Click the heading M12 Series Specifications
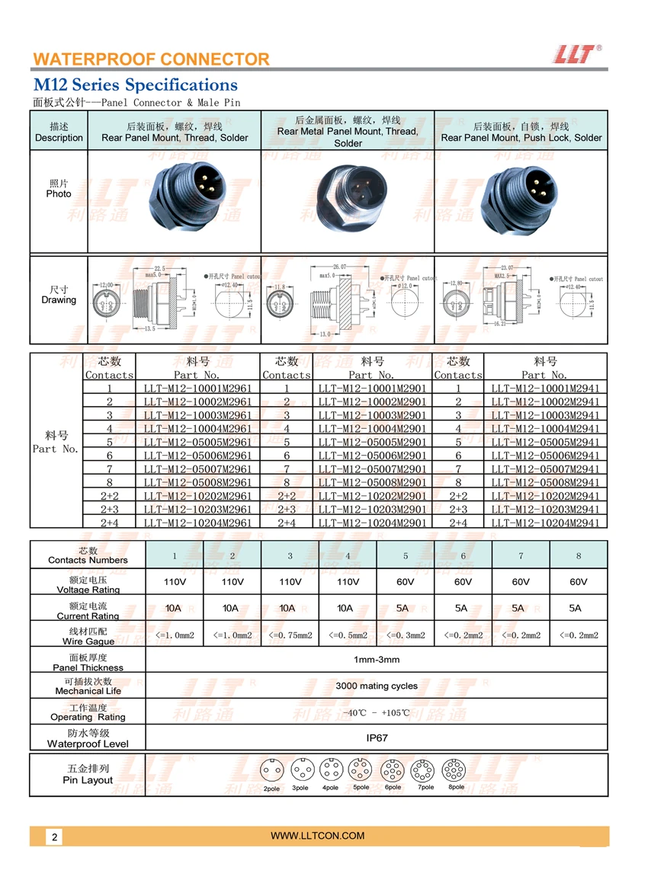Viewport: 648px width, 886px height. point(135,85)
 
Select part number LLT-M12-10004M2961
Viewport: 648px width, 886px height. point(197,428)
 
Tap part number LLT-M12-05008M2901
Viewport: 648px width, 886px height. point(372,482)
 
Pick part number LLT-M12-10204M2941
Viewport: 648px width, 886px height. point(545,523)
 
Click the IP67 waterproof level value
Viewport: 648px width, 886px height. point(377,737)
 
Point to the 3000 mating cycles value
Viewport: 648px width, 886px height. point(377,686)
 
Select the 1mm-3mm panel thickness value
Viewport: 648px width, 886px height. point(377,660)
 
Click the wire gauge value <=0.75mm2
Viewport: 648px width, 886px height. point(290,635)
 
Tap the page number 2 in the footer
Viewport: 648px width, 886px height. point(55,837)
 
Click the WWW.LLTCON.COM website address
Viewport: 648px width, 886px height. point(318,836)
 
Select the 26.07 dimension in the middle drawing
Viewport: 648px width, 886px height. point(339,267)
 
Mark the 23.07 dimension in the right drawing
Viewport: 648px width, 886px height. point(506,268)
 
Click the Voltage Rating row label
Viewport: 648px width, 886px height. point(88,584)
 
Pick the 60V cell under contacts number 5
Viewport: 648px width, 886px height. point(406,582)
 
